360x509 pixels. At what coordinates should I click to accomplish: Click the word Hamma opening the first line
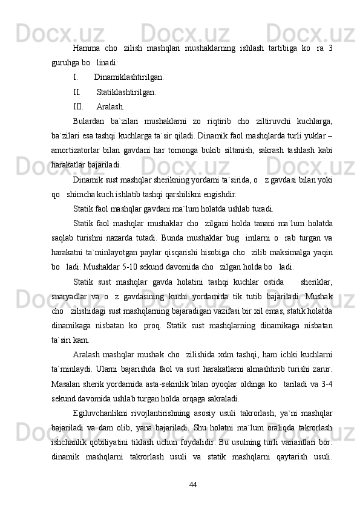point(87,48)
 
